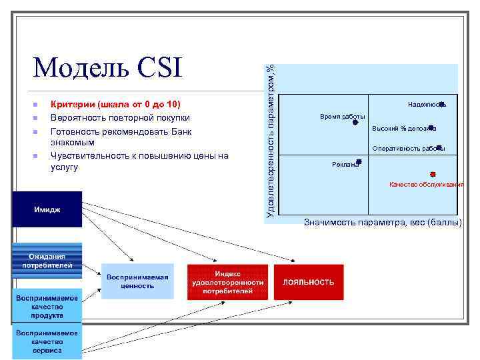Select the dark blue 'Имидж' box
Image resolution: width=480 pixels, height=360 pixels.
click(x=47, y=209)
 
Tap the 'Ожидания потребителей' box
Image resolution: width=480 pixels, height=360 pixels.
click(x=47, y=261)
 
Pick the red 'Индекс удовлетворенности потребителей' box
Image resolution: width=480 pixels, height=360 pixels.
click(x=227, y=282)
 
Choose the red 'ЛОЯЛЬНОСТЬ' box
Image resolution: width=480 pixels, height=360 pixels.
click(x=308, y=282)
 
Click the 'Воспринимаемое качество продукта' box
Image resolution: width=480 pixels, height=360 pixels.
click(x=47, y=307)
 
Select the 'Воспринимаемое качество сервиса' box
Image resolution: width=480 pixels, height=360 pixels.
click(x=47, y=341)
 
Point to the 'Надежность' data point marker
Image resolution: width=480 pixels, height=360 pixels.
click(x=443, y=103)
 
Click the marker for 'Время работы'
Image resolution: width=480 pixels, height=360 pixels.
click(x=355, y=122)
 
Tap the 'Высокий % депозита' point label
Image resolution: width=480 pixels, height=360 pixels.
click(x=403, y=128)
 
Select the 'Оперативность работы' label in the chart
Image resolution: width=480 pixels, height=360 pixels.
click(x=407, y=149)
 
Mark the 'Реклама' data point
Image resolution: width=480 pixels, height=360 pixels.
click(x=359, y=161)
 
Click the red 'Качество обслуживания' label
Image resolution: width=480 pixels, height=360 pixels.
click(x=426, y=184)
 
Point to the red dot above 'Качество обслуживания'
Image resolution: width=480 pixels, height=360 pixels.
click(x=433, y=174)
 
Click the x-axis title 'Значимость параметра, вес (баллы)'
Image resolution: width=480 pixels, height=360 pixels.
click(x=382, y=222)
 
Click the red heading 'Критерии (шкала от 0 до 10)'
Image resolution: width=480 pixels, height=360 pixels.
click(x=115, y=105)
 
